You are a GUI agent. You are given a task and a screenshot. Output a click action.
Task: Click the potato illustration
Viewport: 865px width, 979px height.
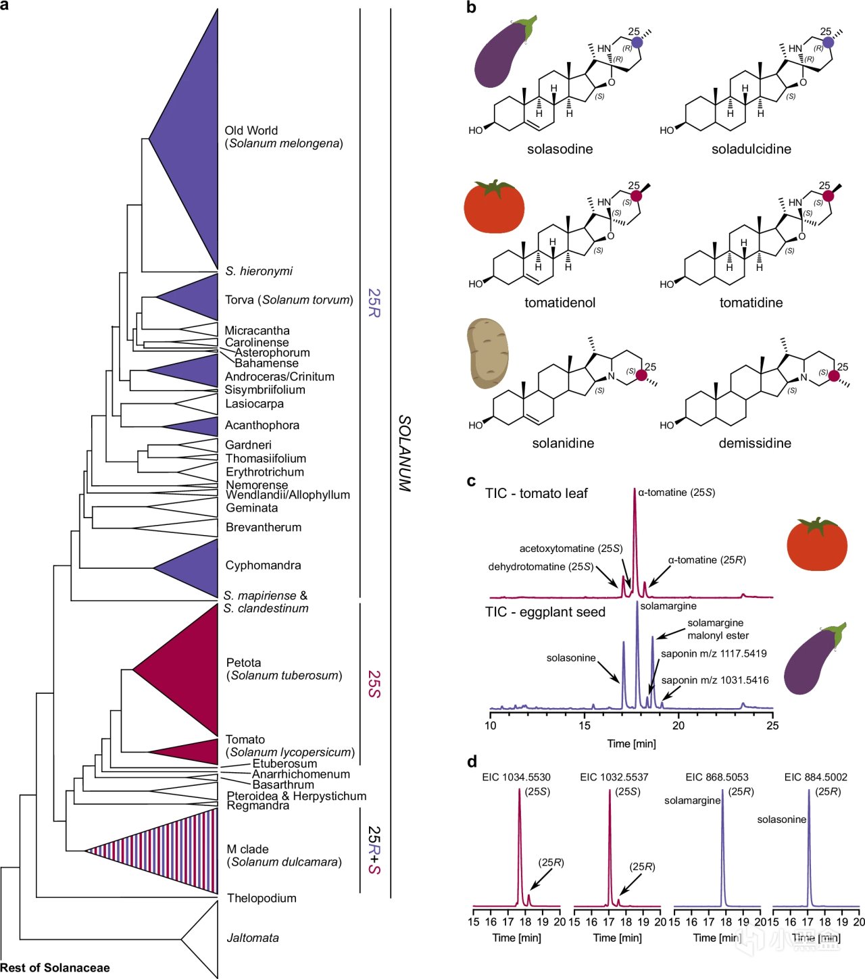(488, 354)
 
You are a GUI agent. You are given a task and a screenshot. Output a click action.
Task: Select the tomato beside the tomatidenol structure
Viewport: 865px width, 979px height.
(494, 207)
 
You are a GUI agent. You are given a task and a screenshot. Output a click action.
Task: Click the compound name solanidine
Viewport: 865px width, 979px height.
(563, 443)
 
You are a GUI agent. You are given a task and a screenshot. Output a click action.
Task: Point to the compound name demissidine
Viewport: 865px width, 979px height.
(755, 443)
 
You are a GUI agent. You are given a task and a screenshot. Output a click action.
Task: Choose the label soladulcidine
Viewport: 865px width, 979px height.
(751, 149)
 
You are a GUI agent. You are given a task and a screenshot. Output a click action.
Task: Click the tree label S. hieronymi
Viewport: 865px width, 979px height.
(259, 271)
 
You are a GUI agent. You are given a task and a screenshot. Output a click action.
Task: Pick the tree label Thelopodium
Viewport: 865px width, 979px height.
(262, 898)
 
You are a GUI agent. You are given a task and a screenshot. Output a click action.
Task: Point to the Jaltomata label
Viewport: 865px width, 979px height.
(253, 938)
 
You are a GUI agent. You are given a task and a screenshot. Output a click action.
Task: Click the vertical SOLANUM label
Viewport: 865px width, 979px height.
(404, 453)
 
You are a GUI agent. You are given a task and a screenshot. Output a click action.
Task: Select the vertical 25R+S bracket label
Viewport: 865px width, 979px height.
(374, 850)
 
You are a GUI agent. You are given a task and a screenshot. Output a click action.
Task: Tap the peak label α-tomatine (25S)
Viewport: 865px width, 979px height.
(676, 493)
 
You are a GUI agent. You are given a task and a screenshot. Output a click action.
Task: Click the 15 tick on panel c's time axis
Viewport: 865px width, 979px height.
(584, 726)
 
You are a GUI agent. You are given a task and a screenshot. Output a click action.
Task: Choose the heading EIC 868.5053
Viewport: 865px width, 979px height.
(716, 777)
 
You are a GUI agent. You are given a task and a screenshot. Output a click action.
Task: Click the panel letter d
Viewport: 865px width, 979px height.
(472, 762)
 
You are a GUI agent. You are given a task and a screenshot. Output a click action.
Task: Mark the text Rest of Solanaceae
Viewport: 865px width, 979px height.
(55, 968)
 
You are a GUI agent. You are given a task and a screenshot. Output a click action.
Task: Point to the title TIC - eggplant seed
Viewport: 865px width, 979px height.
(545, 612)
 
